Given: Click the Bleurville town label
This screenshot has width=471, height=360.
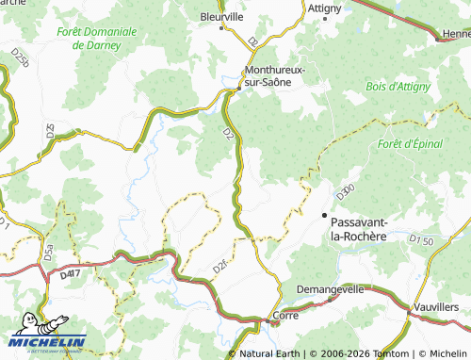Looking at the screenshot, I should point(221,16).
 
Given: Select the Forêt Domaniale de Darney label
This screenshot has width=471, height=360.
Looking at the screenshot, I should point(96,38).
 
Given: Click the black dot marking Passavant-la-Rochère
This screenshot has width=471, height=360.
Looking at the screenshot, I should point(326,216).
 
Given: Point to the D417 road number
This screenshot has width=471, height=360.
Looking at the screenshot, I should point(69,275).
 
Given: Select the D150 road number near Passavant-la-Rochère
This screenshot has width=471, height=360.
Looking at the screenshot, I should point(420,241).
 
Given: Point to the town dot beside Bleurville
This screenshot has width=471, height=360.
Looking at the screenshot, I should point(222,28).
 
